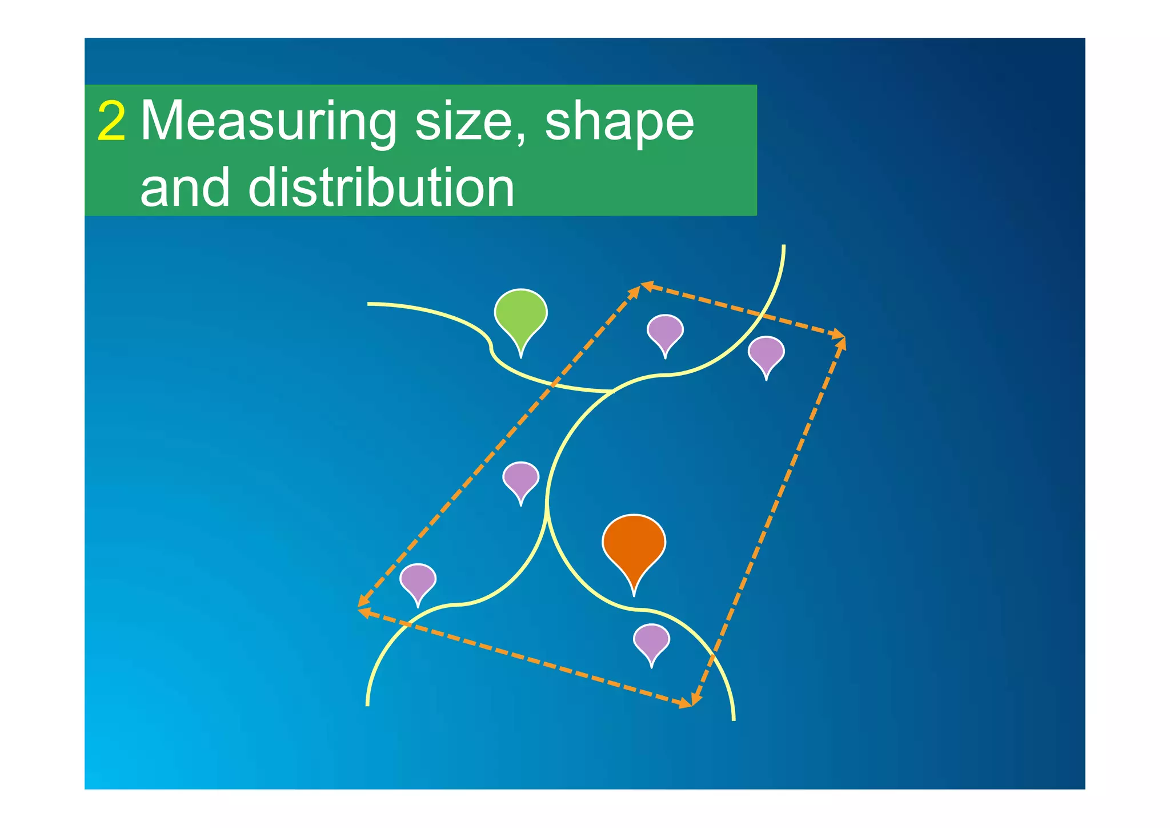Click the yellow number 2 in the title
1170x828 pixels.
(111, 121)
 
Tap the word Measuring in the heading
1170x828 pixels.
(269, 122)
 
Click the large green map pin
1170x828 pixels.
(520, 314)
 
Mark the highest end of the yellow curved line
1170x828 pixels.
(783, 246)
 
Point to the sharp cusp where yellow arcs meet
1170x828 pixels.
(547, 503)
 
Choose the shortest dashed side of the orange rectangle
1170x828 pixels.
(743, 310)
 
